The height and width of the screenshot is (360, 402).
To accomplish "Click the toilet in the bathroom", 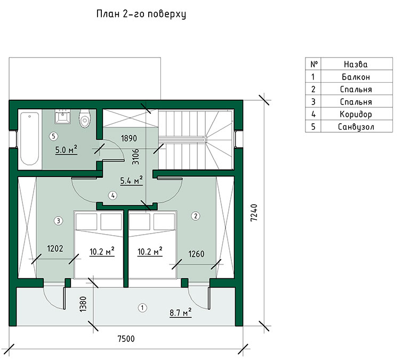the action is pos(85,119).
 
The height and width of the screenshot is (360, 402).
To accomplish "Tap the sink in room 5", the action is pos(62,116).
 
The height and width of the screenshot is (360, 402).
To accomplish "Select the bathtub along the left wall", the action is pos(29,139).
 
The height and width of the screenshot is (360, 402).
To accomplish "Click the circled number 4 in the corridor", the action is pos(112,195).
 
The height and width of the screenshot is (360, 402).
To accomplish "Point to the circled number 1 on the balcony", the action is pos(142,307).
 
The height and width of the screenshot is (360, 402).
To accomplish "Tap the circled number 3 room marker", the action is pos(59,220).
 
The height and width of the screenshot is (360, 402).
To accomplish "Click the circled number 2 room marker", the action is pos(196,216).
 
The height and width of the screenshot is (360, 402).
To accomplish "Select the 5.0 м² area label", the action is pos(66,149).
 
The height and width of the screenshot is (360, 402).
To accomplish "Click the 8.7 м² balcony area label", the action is pos(181,313).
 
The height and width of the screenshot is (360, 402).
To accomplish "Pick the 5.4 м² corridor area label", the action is pos(131,180).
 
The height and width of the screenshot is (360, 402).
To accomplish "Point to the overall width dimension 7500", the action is pos(126,339).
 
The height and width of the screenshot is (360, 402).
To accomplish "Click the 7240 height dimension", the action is pos(254,213).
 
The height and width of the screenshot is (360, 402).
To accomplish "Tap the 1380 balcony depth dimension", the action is pos(83,304).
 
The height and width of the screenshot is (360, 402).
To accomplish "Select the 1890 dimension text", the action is pos(128,139).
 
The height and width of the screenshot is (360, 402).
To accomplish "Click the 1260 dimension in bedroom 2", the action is pos(196,254).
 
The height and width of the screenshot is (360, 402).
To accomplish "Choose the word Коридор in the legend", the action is pos(356,114).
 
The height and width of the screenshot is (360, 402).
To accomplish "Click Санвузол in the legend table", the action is pos(356,127).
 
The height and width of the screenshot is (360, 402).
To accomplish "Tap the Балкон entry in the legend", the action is pos(356,77).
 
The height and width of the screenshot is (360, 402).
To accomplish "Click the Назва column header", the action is pos(356,64).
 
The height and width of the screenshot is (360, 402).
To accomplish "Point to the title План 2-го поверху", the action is pos(141,14).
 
